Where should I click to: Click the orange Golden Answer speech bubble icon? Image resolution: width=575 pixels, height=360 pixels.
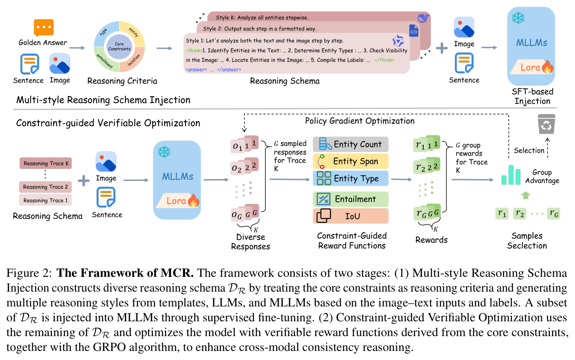click(x=44, y=28)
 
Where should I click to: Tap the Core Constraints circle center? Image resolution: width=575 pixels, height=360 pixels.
click(x=119, y=47)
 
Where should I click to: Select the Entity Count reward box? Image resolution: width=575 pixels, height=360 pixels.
click(x=350, y=144)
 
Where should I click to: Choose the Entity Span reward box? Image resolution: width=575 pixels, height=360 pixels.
click(x=350, y=161)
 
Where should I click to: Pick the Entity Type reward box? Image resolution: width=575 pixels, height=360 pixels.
click(x=350, y=178)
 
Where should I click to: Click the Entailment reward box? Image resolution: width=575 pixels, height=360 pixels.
click(x=350, y=199)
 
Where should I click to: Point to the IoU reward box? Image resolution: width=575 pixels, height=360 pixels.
click(x=350, y=216)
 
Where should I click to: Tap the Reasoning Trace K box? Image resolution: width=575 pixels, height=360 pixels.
click(x=46, y=163)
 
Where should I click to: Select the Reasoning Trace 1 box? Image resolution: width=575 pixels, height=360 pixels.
click(x=45, y=200)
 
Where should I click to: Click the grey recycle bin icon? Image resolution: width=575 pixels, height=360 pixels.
click(x=546, y=124)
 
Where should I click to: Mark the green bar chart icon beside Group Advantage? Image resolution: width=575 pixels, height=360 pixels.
click(x=511, y=175)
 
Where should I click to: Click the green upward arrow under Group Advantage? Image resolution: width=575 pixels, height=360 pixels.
click(x=526, y=195)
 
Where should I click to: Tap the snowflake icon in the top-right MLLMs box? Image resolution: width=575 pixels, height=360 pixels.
click(x=518, y=18)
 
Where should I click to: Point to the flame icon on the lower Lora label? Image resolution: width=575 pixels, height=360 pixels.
click(x=194, y=200)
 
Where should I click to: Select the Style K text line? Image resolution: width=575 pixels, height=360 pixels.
click(x=262, y=17)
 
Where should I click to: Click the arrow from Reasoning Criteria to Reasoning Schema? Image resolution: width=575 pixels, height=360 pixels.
click(x=164, y=48)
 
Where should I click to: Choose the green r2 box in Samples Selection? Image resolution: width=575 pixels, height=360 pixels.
click(x=519, y=213)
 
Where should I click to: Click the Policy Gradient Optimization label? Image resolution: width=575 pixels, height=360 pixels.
click(x=359, y=121)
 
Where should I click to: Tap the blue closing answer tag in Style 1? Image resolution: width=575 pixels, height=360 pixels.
click(x=229, y=70)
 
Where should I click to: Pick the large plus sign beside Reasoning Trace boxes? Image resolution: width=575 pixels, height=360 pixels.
click(x=84, y=181)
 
